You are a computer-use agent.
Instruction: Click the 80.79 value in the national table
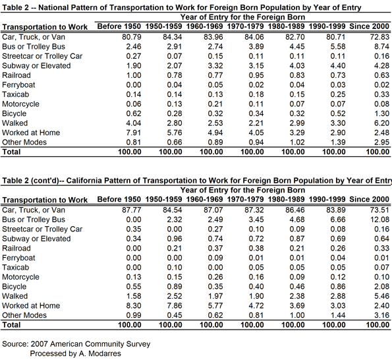(132, 37)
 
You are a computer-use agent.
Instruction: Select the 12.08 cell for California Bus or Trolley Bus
(379, 220)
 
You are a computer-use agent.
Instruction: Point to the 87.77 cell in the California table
(132, 210)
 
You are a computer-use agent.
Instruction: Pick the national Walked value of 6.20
(381, 123)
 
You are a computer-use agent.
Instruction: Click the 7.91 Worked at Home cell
(134, 133)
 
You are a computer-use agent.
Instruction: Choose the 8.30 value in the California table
(134, 305)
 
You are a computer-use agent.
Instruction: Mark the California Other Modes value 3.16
(381, 315)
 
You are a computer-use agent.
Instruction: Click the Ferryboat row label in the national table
(18, 85)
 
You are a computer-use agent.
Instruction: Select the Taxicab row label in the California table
(16, 268)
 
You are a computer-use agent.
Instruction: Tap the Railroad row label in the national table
(16, 75)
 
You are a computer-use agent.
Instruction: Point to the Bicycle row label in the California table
(14, 287)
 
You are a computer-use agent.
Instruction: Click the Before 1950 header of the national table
(119, 26)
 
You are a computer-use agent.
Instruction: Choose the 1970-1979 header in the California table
(245, 199)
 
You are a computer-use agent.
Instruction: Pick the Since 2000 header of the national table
(369, 26)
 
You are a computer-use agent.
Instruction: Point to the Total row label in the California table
(11, 325)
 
